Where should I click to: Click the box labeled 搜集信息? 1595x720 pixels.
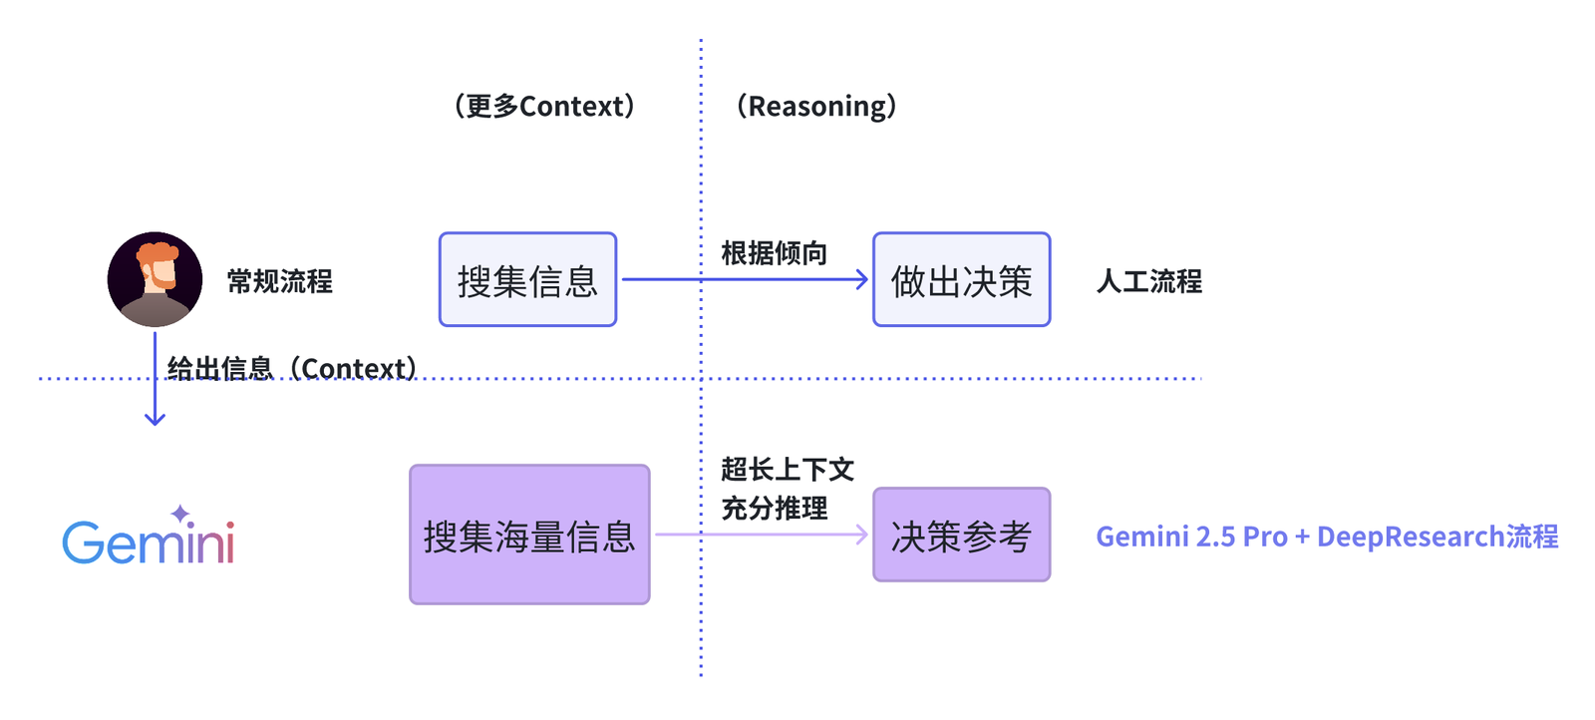(527, 280)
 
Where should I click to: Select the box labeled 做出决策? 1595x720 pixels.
(961, 280)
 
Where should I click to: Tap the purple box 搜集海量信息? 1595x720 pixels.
(529, 536)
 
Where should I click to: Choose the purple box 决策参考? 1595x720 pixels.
(961, 536)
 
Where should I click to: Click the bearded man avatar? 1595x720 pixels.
(155, 279)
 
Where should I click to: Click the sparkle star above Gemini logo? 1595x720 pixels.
(180, 515)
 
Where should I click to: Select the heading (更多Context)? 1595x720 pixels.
(544, 106)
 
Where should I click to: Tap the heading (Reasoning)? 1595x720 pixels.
(816, 106)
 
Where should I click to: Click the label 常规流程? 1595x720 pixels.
(280, 281)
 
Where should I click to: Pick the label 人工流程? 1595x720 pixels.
(1149, 281)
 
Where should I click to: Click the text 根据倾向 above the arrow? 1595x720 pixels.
(775, 253)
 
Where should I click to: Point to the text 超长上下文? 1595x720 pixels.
(788, 470)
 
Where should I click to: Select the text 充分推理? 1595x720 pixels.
(775, 509)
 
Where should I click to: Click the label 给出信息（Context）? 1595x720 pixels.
(293, 369)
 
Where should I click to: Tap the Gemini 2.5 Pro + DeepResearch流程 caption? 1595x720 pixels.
(1327, 537)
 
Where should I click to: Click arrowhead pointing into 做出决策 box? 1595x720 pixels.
(863, 280)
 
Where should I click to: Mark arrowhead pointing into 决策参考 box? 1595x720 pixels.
(863, 536)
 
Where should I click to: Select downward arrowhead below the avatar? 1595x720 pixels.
(155, 419)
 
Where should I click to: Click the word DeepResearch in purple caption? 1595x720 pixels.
(1411, 537)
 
